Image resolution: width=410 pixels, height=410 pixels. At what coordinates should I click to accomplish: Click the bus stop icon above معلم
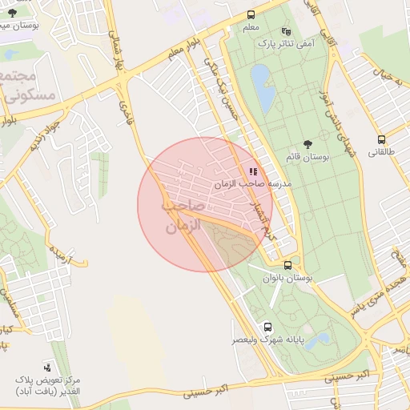(251, 15)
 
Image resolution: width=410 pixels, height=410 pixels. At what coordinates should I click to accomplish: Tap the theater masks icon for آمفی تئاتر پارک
(287, 31)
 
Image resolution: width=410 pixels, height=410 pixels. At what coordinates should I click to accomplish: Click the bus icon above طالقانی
(381, 138)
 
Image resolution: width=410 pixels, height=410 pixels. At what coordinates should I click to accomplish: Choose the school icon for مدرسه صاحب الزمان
(253, 171)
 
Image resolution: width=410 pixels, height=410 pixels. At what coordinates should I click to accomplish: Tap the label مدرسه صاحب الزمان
(247, 184)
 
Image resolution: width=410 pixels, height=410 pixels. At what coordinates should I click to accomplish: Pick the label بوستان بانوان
(286, 277)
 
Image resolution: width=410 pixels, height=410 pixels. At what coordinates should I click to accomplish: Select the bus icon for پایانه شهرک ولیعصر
(267, 327)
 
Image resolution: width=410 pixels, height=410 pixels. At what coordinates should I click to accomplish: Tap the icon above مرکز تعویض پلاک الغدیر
(47, 365)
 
